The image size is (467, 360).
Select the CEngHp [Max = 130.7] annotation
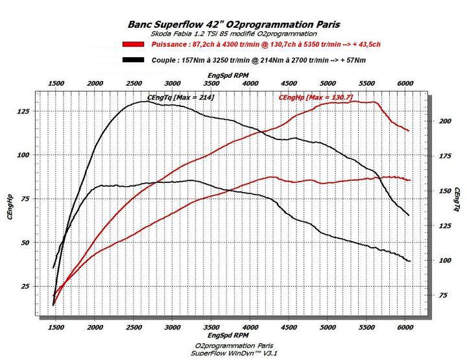click(315, 97)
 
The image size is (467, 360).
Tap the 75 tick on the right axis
click(443, 295)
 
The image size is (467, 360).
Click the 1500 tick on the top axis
click(56, 84)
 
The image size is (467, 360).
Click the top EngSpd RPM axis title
click(231, 75)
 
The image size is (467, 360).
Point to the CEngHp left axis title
click(11, 206)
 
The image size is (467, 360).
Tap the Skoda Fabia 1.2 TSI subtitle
click(224, 33)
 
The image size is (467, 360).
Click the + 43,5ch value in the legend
click(366, 45)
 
